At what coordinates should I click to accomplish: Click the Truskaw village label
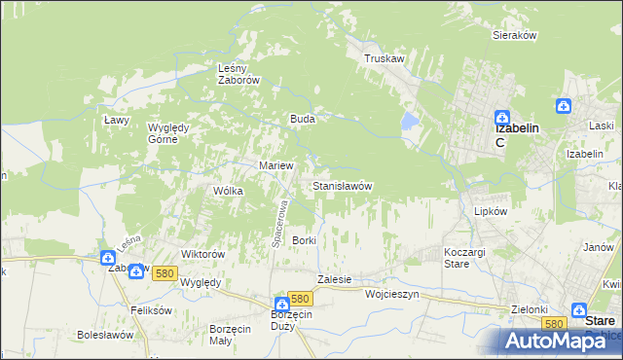pos(384,58)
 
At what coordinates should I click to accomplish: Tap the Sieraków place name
pos(515,34)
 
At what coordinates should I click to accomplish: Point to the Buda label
pos(301,119)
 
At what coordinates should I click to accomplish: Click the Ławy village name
pos(117,119)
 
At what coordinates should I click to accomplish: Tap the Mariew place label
pos(275,165)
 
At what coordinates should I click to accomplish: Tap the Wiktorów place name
pos(203,254)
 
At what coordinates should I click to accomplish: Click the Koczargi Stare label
pos(457,257)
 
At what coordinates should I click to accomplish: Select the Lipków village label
pos(492,210)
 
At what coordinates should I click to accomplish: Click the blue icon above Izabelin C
pos(501,114)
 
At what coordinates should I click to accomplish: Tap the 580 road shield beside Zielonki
pos(555,323)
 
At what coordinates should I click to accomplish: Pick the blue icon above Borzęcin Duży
pos(281,305)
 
